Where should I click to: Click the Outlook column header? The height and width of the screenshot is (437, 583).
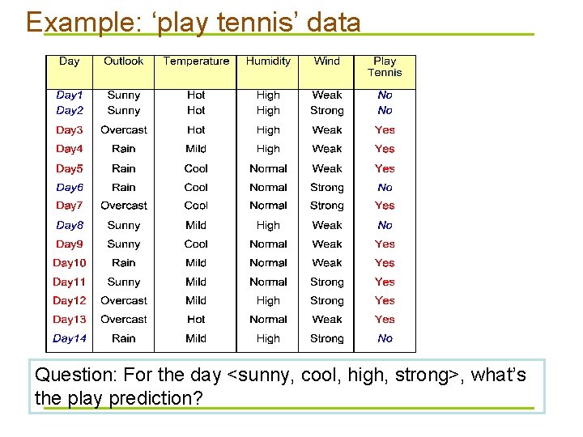tap(123, 62)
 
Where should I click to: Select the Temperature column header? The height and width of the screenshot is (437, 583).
tap(196, 62)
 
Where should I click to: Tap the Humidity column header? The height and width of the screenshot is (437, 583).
tap(268, 62)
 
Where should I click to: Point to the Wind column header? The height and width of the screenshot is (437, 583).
tap(326, 62)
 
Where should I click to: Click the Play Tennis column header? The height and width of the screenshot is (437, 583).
tap(385, 66)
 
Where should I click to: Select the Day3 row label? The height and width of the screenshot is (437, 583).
tap(70, 129)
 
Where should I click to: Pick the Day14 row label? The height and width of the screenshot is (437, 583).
tap(70, 338)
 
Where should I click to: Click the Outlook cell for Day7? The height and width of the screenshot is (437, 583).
tap(124, 206)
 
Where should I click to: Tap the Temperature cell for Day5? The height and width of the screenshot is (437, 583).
tap(196, 168)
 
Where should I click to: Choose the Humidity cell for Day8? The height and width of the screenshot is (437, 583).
tap(268, 225)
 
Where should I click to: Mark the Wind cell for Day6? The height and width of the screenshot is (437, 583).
tap(326, 187)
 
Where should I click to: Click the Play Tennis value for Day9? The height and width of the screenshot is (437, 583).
tap(385, 244)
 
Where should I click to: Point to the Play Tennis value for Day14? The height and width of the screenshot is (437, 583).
tap(385, 338)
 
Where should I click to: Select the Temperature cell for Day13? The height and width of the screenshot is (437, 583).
tap(196, 319)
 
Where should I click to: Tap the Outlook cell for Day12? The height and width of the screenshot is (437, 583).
tap(124, 300)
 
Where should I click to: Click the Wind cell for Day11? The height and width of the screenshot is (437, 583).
tap(326, 282)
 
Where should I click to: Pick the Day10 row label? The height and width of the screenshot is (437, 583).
tap(70, 262)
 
